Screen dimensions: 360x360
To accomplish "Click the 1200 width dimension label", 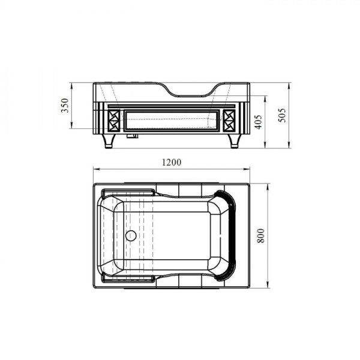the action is pos(172,163).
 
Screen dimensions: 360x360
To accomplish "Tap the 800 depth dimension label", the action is pos(261,236).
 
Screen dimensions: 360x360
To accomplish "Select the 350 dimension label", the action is pos(65,106).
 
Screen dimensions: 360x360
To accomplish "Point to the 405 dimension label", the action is pos(258,122).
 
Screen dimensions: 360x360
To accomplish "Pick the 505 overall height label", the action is pos(282,115).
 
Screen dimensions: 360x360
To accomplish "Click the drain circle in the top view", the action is pos(131,236).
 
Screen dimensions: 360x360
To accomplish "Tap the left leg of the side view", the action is pos(109,141).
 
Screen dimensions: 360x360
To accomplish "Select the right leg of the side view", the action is pos(235,141).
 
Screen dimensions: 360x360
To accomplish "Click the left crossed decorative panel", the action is pos(114,121).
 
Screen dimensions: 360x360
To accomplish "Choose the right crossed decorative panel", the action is pos(229,121).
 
